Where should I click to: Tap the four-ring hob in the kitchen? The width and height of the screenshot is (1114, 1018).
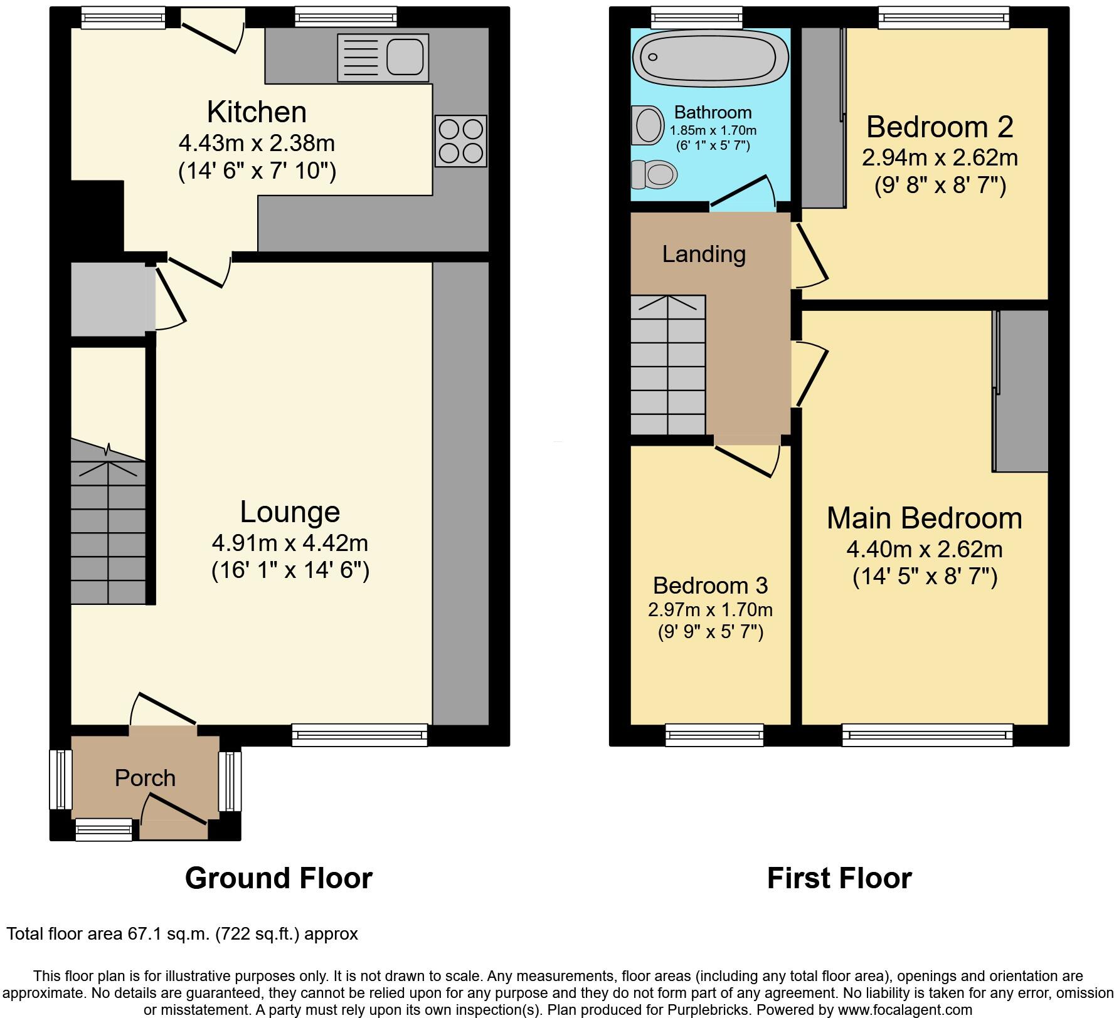coord(461,141)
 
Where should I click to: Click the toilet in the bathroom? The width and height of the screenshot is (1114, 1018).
coord(655,174)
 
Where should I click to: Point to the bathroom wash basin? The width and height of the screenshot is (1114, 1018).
coord(648,125)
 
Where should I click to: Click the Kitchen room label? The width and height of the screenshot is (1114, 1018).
coord(257,112)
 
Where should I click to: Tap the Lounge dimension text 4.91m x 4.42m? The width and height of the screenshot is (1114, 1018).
coord(290,542)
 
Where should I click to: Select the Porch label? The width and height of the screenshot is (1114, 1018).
coord(145,778)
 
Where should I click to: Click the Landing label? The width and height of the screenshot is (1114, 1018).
coord(704,254)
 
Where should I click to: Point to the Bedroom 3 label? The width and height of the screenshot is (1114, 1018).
coord(710,585)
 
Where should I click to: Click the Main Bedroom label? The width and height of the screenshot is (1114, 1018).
coord(924,518)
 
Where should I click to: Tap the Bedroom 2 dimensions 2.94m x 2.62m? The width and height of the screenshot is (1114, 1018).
coord(939,157)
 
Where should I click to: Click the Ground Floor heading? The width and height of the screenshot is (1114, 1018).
coord(278,878)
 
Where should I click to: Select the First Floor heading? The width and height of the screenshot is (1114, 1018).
coord(839,878)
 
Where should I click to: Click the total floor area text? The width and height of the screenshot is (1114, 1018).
coord(182,934)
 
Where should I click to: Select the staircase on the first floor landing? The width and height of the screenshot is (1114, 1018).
coord(668,365)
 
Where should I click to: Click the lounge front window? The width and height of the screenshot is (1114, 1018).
coord(359,735)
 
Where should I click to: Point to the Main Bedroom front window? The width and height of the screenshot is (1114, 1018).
coord(927,735)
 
